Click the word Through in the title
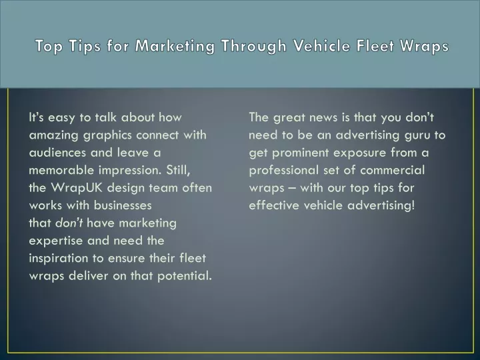tap(254, 46)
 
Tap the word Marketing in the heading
tap(175, 46)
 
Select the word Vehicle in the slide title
tap(322, 45)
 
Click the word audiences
tap(57, 153)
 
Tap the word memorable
tap(61, 170)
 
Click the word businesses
tap(123, 205)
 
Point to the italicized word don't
tap(69, 223)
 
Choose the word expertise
tap(56, 241)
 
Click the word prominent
tap(300, 153)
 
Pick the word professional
tap(284, 171)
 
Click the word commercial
tap(393, 170)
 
